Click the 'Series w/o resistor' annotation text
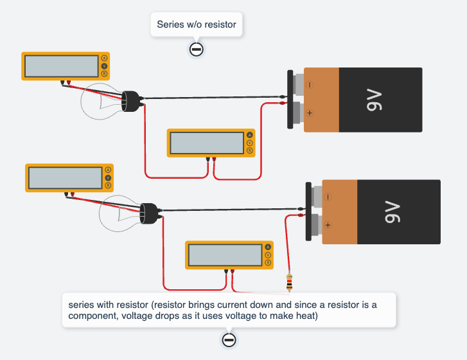pyautogui.click(x=197, y=25)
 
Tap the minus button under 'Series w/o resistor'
pyautogui.click(x=197, y=49)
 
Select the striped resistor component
pyautogui.click(x=290, y=281)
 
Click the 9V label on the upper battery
pyautogui.click(x=374, y=100)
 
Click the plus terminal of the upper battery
pyautogui.click(x=309, y=113)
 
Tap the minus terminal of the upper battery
pyautogui.click(x=309, y=84)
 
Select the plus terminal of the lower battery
pyautogui.click(x=327, y=225)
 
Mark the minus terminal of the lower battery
pyautogui.click(x=327, y=197)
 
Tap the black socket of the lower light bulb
pyautogui.click(x=150, y=212)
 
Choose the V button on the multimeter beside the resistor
pyautogui.click(x=267, y=255)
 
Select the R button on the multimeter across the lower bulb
pyautogui.click(x=107, y=185)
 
